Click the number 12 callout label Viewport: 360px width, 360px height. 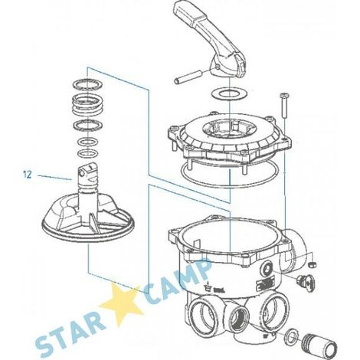pos(27,175)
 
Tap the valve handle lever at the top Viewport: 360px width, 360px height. pos(209,38)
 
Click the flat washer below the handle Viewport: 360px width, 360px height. pos(229,94)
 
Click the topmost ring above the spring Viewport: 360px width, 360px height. pos(88,84)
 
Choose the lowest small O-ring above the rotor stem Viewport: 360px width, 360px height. pos(88,154)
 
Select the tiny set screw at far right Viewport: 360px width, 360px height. pos(313,264)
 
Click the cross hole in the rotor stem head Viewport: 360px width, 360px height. pos(82,173)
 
